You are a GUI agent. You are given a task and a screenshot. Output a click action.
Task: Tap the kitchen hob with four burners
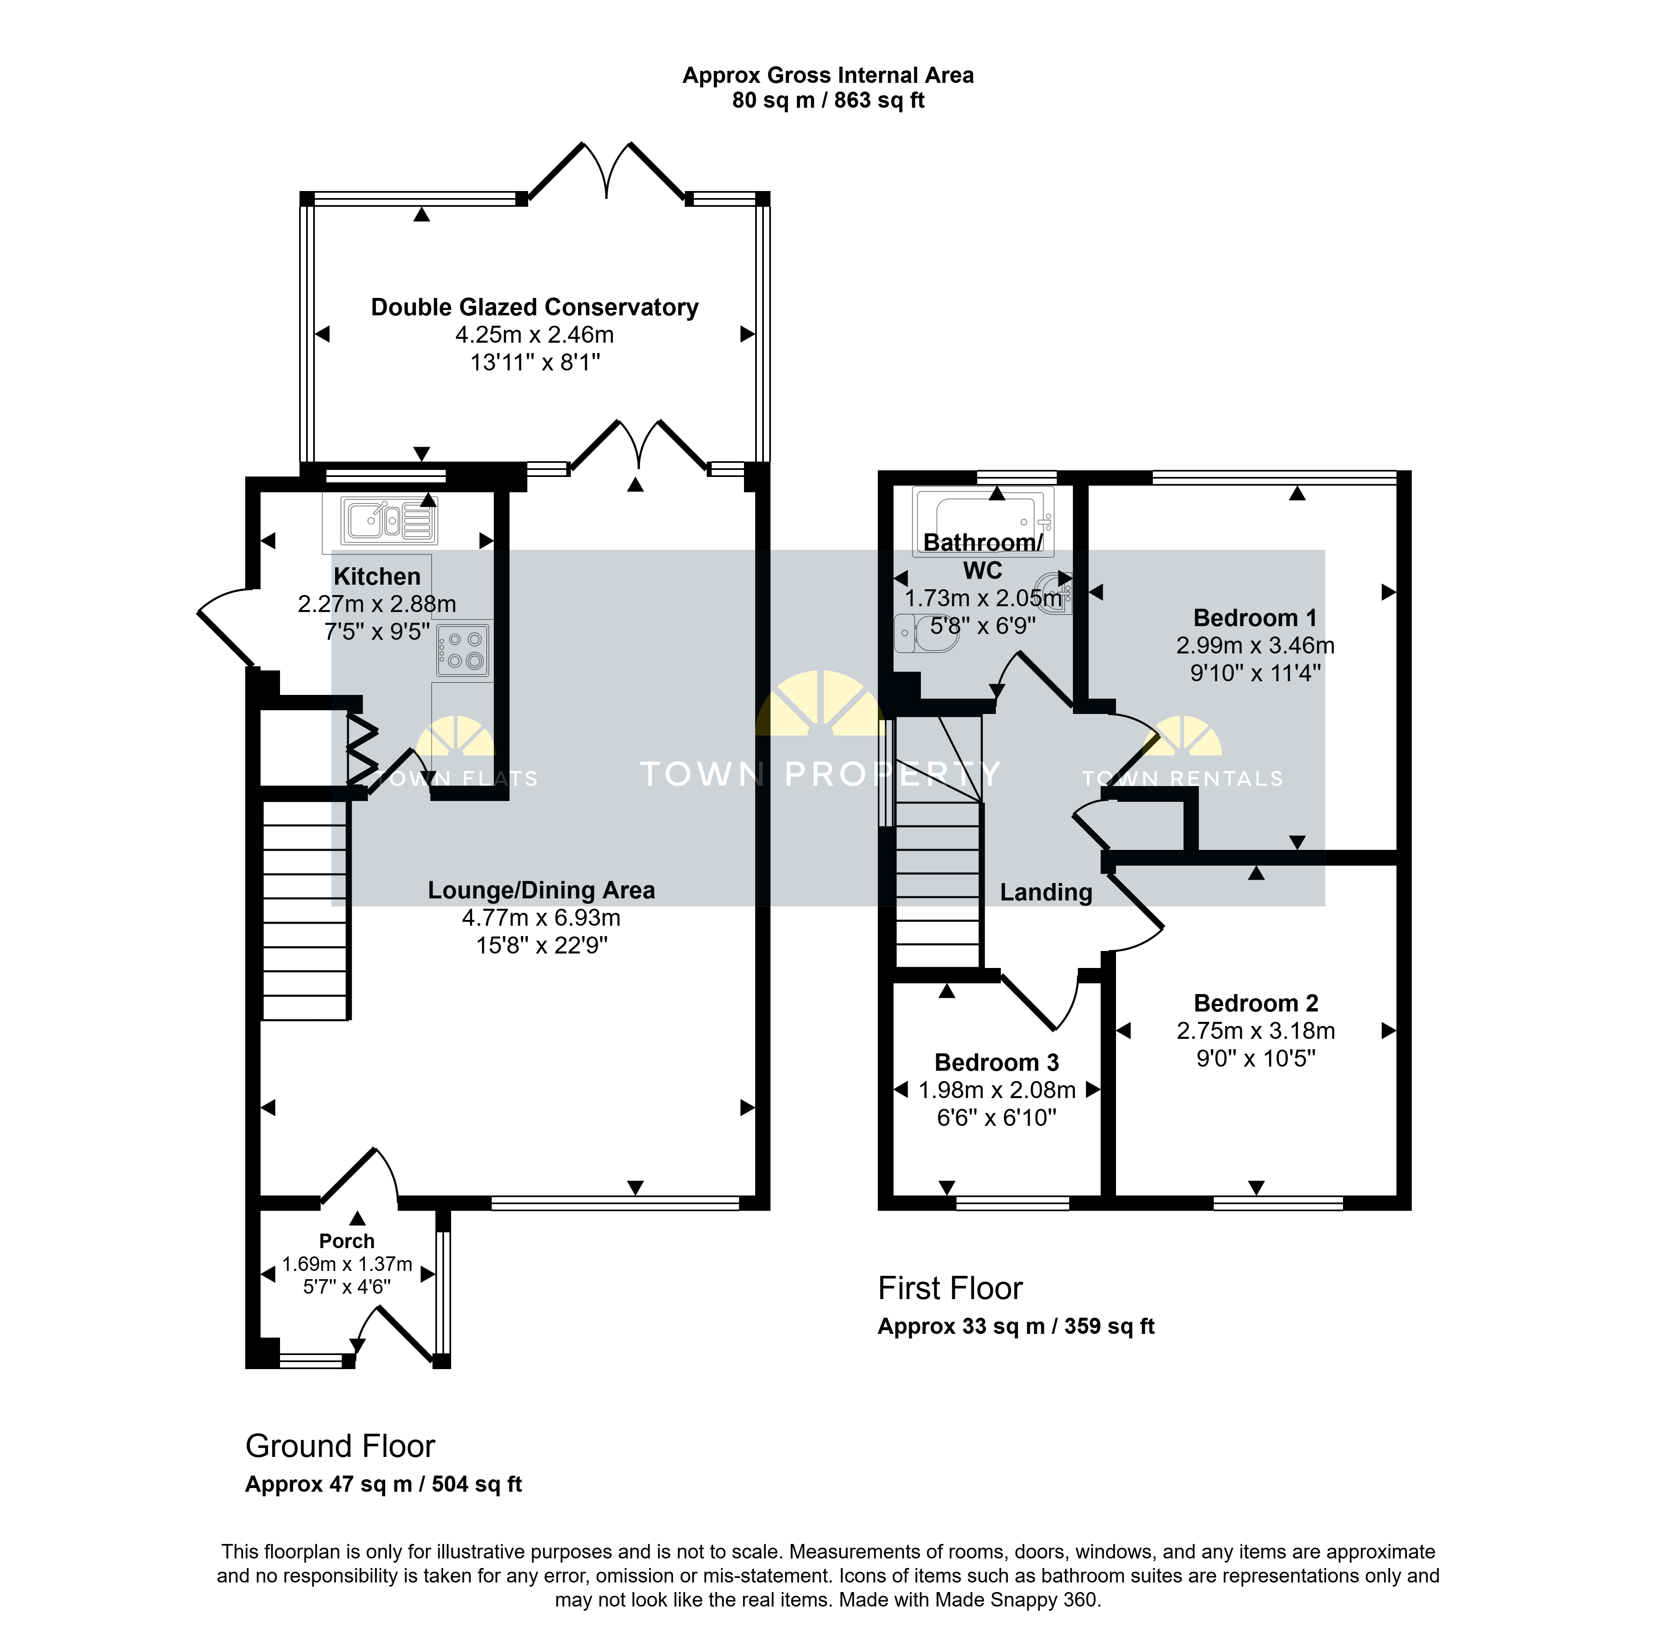coord(463,650)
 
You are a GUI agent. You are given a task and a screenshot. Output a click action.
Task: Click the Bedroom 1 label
coord(1255,618)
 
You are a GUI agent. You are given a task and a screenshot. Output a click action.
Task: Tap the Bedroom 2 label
coord(1256,1003)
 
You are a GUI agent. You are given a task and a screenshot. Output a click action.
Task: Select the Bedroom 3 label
coord(997,1062)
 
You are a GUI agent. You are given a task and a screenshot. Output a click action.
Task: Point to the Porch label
coord(346,1241)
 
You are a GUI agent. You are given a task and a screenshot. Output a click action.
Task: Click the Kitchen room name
coord(377,576)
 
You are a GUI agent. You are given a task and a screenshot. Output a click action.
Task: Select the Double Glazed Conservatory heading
coord(534,307)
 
